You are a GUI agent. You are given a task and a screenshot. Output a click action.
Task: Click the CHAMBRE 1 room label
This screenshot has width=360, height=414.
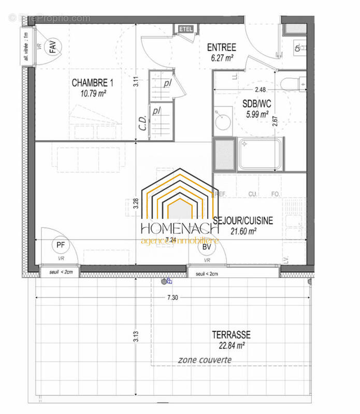point(92,83)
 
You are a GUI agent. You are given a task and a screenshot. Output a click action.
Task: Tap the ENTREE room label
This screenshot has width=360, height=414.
point(221,48)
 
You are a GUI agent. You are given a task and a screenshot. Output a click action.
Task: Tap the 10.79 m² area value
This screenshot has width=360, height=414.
point(94,94)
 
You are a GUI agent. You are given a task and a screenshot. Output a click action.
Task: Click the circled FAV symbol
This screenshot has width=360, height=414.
point(54,48)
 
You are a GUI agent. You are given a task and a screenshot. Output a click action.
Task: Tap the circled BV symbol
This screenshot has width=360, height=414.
point(207,248)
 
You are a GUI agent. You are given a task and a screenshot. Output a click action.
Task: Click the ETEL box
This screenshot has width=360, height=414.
point(185,29)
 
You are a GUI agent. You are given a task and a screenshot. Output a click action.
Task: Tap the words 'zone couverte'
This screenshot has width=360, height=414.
point(205,360)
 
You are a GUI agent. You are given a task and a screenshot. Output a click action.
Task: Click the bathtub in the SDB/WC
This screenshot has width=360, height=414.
point(261,154)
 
